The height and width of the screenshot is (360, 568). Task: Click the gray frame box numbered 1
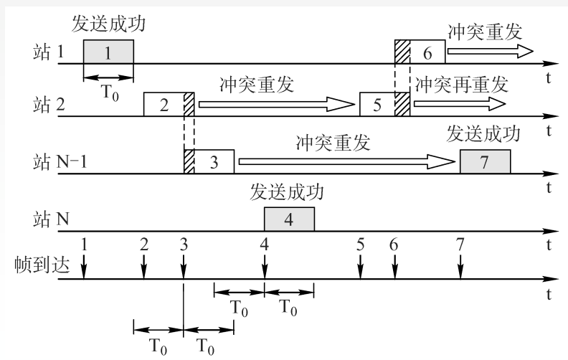click(108, 52)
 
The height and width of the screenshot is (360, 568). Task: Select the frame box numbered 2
click(169, 104)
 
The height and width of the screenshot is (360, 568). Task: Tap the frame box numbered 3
click(209, 161)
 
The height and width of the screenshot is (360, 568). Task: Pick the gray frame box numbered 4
click(289, 219)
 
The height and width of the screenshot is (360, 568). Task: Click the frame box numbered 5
click(384, 104)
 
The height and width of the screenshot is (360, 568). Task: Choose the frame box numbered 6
click(420, 52)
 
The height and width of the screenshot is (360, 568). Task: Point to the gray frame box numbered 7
click(485, 161)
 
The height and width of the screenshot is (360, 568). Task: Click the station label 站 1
click(49, 52)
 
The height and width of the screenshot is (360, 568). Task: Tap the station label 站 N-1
click(60, 161)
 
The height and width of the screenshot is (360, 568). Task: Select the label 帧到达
click(42, 265)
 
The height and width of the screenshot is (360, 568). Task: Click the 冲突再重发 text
click(462, 85)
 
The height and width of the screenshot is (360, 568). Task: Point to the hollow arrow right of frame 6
click(491, 51)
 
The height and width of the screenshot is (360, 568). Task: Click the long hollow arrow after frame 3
click(346, 161)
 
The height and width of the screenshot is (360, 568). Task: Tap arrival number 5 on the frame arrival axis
click(360, 245)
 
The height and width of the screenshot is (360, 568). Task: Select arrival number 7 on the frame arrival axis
click(460, 245)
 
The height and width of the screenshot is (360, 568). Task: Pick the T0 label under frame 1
click(110, 93)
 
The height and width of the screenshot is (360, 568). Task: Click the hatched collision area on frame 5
click(402, 104)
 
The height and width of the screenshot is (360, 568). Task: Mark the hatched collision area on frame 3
click(189, 161)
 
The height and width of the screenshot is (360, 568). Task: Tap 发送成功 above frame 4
click(287, 192)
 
